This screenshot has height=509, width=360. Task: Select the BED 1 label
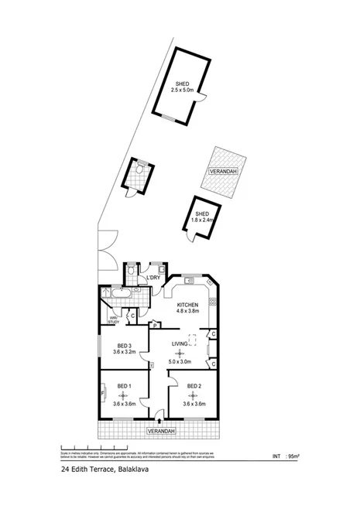pyautogui.click(x=125, y=386)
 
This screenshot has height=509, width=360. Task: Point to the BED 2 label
pyautogui.click(x=194, y=386)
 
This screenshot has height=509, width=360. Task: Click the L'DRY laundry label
pyautogui.click(x=153, y=278)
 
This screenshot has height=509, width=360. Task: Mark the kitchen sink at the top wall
pyautogui.click(x=190, y=280)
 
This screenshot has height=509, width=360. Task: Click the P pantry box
pyautogui.click(x=155, y=325)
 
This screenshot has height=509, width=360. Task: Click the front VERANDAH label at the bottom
pyautogui.click(x=160, y=430)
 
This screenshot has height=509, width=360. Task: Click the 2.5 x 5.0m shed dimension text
pyautogui.click(x=183, y=90)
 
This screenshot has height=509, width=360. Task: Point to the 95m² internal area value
pyautogui.click(x=293, y=456)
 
